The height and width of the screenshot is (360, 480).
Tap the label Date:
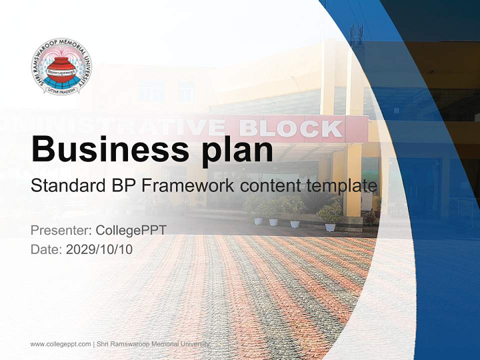pos(47,249)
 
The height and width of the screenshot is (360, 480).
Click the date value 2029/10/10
pos(99,249)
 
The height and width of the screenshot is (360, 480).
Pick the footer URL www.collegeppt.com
pos(60,344)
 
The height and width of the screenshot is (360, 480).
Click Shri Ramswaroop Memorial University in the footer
pos(153,344)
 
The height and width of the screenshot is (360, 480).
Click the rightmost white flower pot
pos(330,227)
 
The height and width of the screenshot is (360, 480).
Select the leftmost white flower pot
pos(258,220)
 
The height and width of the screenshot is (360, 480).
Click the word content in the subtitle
pos(270,186)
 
